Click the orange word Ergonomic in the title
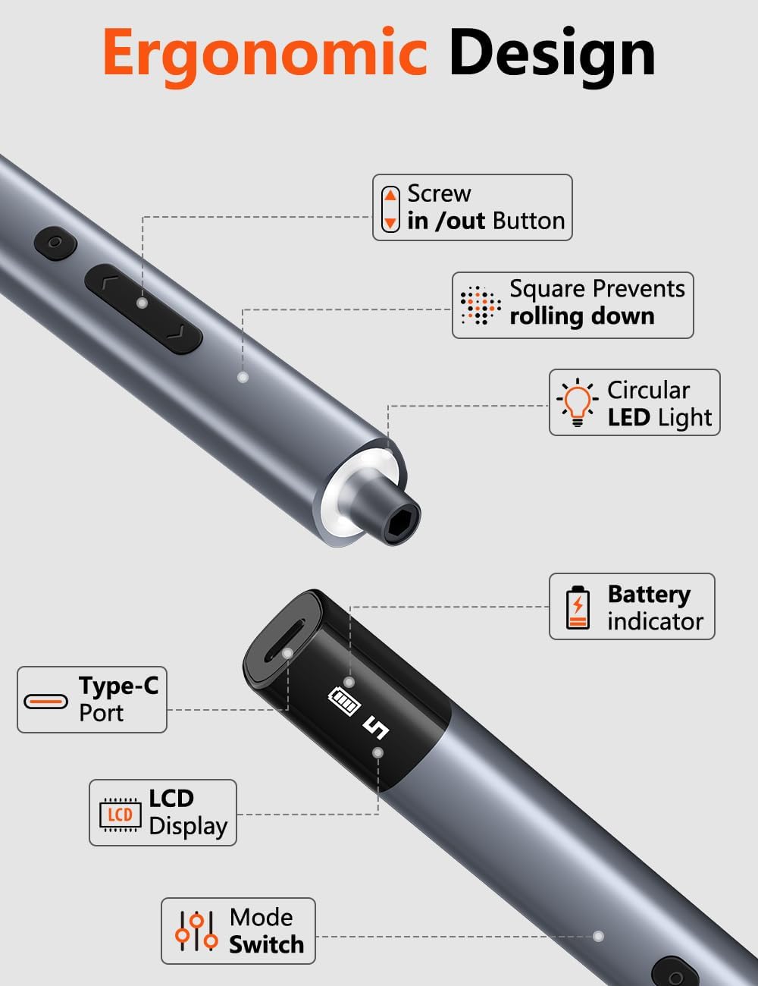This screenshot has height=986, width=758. (x=265, y=55)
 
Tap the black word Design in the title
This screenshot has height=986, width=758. (x=552, y=55)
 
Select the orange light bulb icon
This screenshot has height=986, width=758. (x=577, y=402)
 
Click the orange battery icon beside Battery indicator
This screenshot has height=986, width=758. (x=578, y=608)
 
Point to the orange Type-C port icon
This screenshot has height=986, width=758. (x=45, y=701)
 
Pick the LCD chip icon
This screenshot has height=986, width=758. (x=120, y=815)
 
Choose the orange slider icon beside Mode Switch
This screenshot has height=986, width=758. (x=197, y=931)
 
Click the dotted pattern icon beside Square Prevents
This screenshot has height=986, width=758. (x=481, y=306)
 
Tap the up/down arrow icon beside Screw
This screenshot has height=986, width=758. (x=390, y=209)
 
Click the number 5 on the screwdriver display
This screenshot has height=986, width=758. (x=376, y=728)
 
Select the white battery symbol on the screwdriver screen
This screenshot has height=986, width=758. (x=345, y=702)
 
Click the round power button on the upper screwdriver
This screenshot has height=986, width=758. (x=55, y=243)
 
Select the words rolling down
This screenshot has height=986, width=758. (x=582, y=316)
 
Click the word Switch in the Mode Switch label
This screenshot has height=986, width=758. (x=267, y=944)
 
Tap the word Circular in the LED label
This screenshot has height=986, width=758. (x=648, y=390)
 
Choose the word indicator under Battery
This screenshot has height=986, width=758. (x=656, y=621)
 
